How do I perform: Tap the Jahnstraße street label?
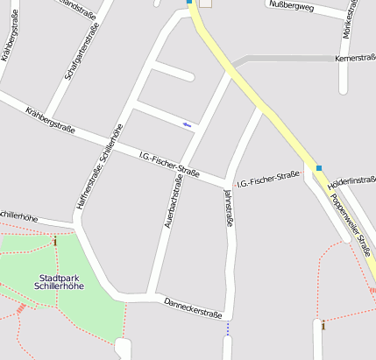pos(230,209)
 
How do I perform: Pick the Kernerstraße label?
pos(355,58)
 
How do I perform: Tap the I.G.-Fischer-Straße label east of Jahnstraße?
pos(273,180)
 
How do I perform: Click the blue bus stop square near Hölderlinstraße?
pos(319,167)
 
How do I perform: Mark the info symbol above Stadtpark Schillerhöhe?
pos(55,242)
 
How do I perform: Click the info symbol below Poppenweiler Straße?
pos(323,326)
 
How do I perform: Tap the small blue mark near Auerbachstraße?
pos(187,124)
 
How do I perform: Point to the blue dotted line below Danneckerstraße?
pos(228,328)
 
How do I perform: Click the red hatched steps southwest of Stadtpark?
pos(22,309)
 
